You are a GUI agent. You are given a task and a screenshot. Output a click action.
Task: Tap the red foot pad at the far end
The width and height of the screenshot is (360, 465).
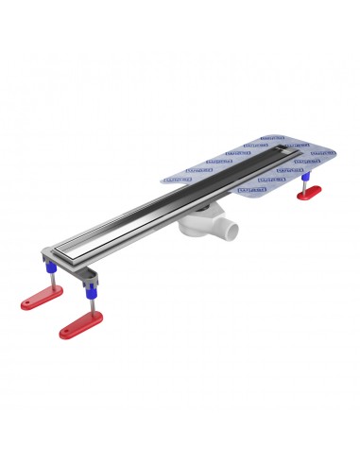(x=308, y=193)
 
